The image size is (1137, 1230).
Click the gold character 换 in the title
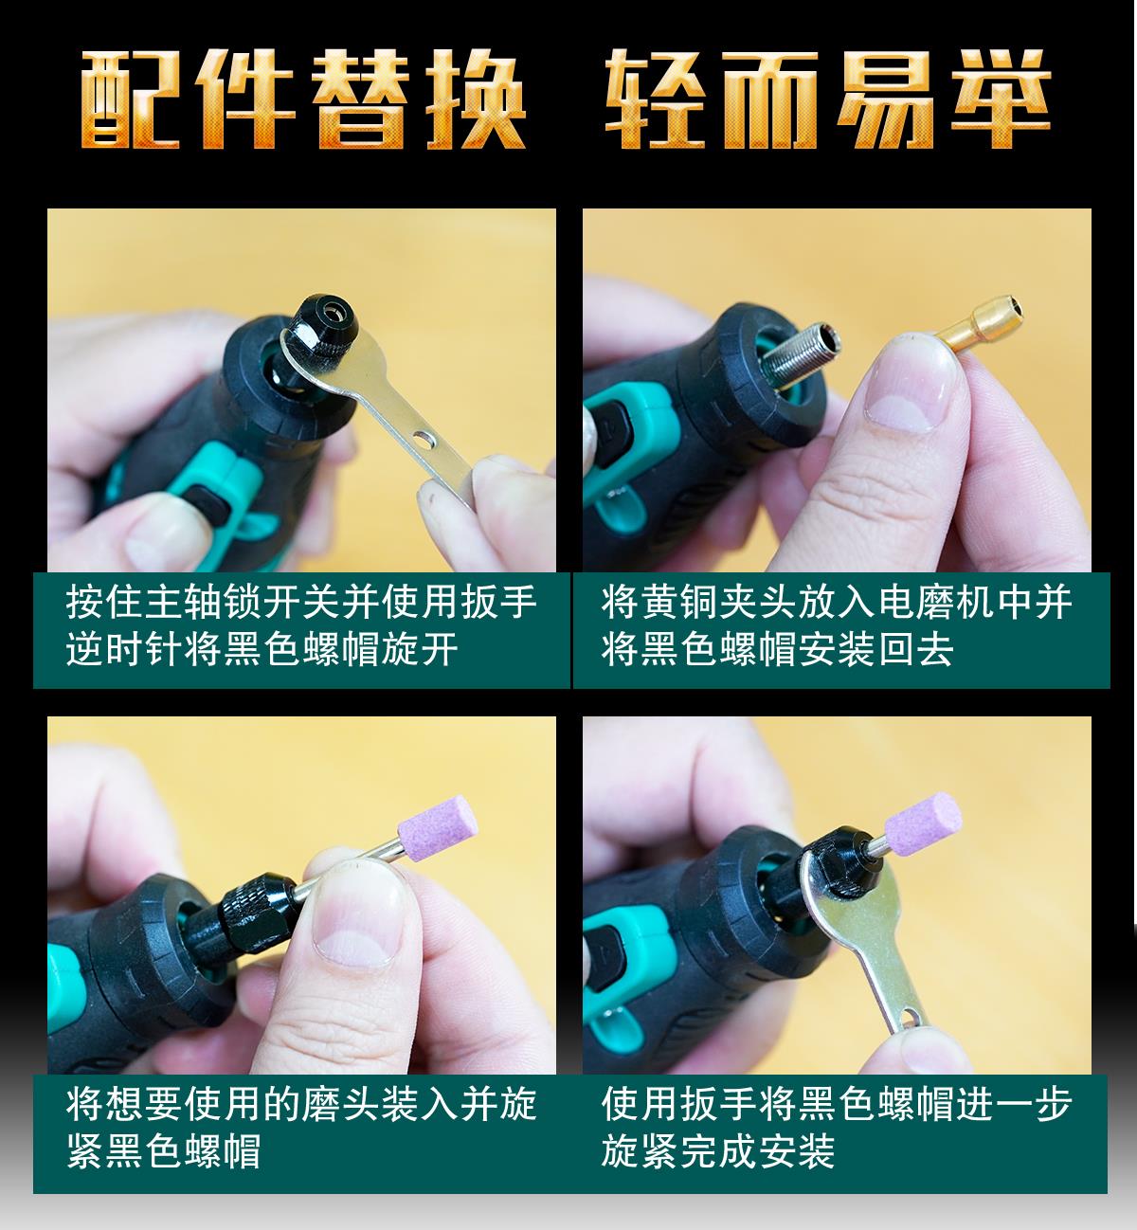coord(476,99)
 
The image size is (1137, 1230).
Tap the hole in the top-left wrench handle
coord(424,439)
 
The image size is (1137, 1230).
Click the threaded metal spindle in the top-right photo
coord(800,357)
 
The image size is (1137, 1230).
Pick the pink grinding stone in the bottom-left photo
coord(437,829)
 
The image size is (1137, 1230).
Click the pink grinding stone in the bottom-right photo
coord(923,823)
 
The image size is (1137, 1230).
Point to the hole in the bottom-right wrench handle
coord(911,1017)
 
